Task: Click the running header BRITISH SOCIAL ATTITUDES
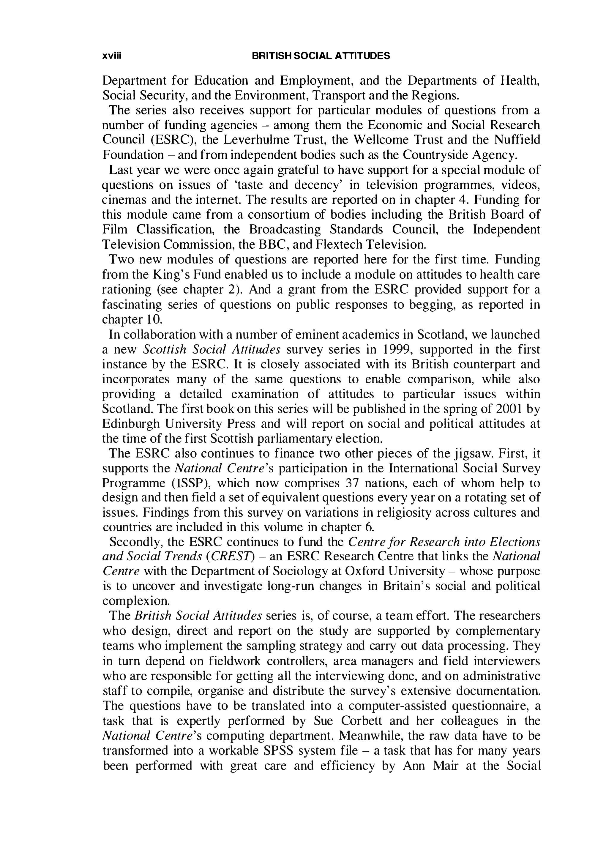pyautogui.click(x=321, y=56)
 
